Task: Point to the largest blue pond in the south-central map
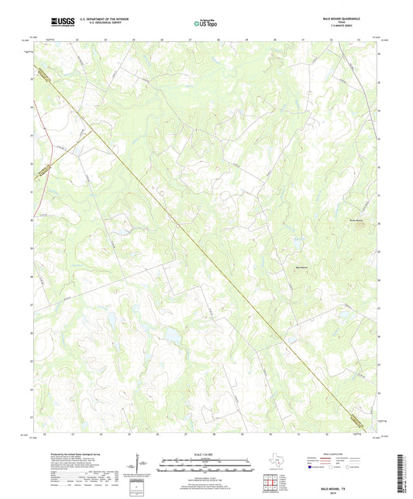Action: tap(168, 333)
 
